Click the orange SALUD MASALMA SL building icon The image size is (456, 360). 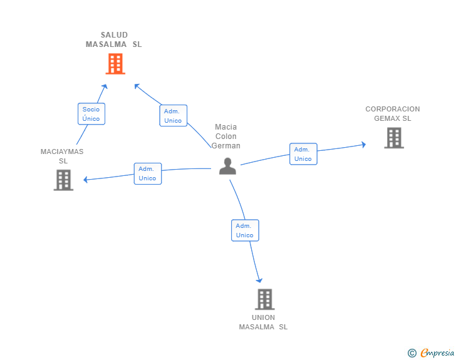coord(115,64)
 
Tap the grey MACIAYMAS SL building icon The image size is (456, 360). coord(63,180)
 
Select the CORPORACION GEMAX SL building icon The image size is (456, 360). coord(393,138)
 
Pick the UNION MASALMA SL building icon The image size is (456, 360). coord(264,299)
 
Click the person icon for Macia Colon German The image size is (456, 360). coord(227,166)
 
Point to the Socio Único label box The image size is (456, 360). coord(91,114)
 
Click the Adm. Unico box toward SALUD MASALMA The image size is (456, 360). coord(173,116)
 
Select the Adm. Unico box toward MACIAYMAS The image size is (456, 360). coord(147,173)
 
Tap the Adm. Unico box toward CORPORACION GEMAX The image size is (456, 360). coord(303,154)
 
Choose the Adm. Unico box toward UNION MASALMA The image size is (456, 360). coord(244,230)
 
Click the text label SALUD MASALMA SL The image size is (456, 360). coord(114,39)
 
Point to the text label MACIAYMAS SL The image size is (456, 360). coord(62,156)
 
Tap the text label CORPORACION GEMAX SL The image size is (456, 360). coord(393,113)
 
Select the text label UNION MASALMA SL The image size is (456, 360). coord(264,322)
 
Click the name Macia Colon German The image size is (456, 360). coord(226,136)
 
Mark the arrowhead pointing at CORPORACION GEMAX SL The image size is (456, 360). coord(363,145)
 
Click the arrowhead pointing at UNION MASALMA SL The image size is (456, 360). coord(259,280)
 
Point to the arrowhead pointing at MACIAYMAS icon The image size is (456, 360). coord(86,180)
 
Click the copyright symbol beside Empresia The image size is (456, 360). coord(412,353)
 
